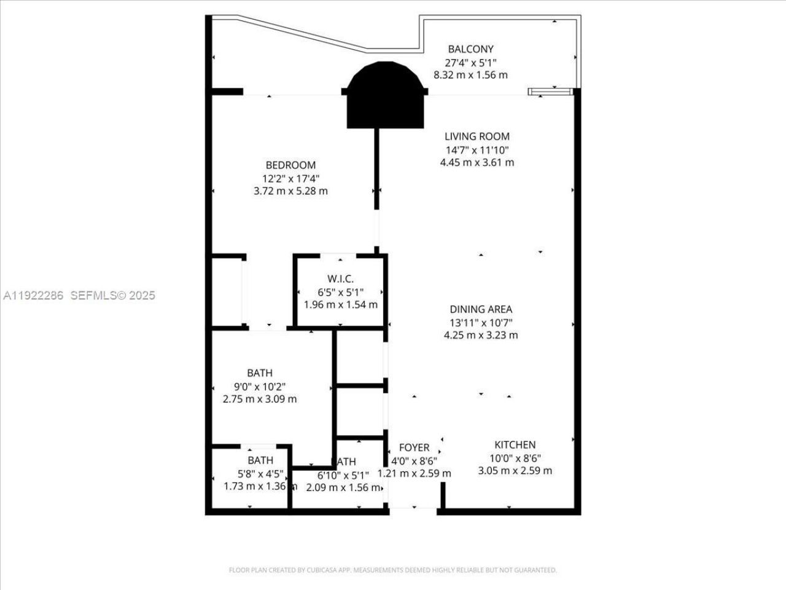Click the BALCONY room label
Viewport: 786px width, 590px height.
click(470, 49)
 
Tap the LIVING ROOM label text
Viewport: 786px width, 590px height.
click(477, 136)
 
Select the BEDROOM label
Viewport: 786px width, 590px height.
click(290, 165)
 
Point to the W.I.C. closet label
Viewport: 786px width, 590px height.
click(340, 279)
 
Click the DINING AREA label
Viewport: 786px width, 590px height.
click(481, 310)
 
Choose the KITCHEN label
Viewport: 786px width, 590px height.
click(515, 445)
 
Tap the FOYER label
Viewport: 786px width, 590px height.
click(414, 447)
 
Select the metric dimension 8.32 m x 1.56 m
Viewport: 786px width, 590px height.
click(470, 75)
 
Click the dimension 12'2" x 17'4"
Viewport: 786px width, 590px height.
click(290, 178)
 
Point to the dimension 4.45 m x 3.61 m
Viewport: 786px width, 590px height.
click(477, 163)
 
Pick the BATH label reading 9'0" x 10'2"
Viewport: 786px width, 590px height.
click(260, 373)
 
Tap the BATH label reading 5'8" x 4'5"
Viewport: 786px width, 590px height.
click(260, 460)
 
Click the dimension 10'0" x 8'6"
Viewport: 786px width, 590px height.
click(515, 458)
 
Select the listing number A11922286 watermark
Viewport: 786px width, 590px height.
click(34, 296)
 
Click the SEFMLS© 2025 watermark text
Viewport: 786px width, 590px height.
click(113, 296)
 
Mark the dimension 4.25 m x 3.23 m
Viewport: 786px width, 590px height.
click(481, 336)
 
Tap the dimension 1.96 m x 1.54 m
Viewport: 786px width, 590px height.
click(341, 305)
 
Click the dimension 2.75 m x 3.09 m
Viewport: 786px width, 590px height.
click(260, 399)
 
